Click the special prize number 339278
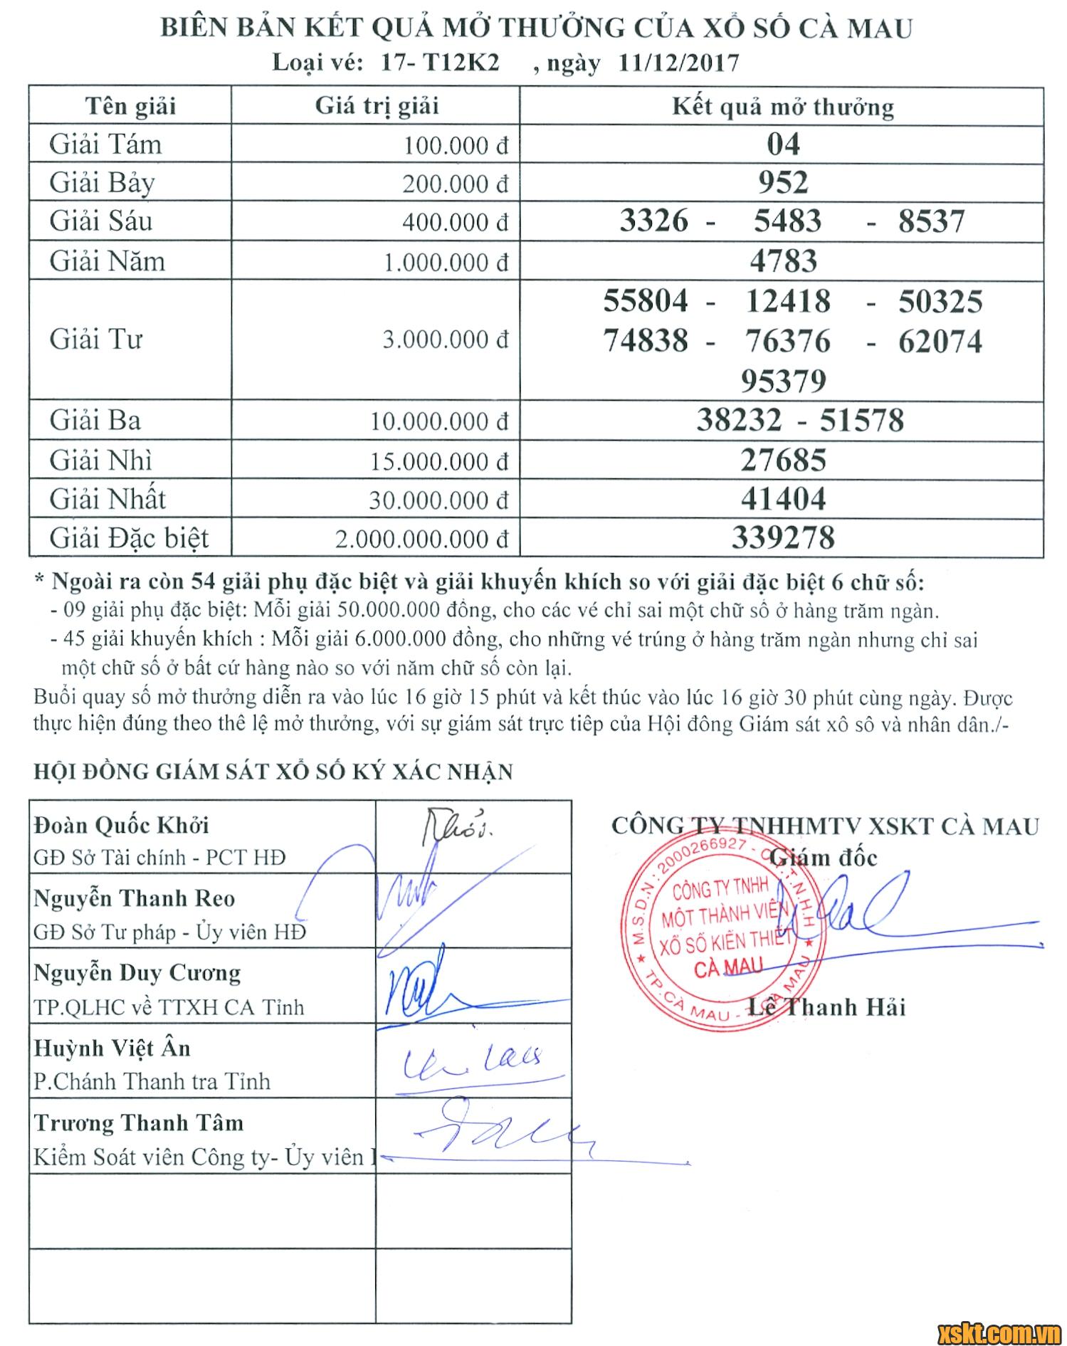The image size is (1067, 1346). pyautogui.click(x=783, y=537)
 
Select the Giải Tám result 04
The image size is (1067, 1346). pyautogui.click(x=783, y=144)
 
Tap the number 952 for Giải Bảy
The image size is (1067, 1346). pyautogui.click(x=783, y=183)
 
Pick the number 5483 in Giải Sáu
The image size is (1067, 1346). pyautogui.click(x=787, y=221)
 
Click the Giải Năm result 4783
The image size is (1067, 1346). pyautogui.click(x=783, y=261)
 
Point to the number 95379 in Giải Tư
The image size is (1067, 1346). pyautogui.click(x=783, y=381)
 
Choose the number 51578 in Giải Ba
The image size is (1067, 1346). pyautogui.click(x=861, y=421)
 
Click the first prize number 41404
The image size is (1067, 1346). pyautogui.click(x=783, y=499)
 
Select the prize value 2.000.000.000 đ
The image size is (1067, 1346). pyautogui.click(x=422, y=539)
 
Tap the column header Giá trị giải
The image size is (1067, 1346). pyautogui.click(x=377, y=107)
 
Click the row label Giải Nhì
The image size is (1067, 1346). pyautogui.click(x=100, y=461)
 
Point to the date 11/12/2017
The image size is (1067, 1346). pyautogui.click(x=678, y=63)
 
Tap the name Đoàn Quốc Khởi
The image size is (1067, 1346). pyautogui.click(x=121, y=826)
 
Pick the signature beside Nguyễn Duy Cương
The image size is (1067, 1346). pyautogui.click(x=420, y=986)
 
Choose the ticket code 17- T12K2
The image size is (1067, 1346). pyautogui.click(x=440, y=63)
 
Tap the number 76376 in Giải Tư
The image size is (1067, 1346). pyautogui.click(x=787, y=341)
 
